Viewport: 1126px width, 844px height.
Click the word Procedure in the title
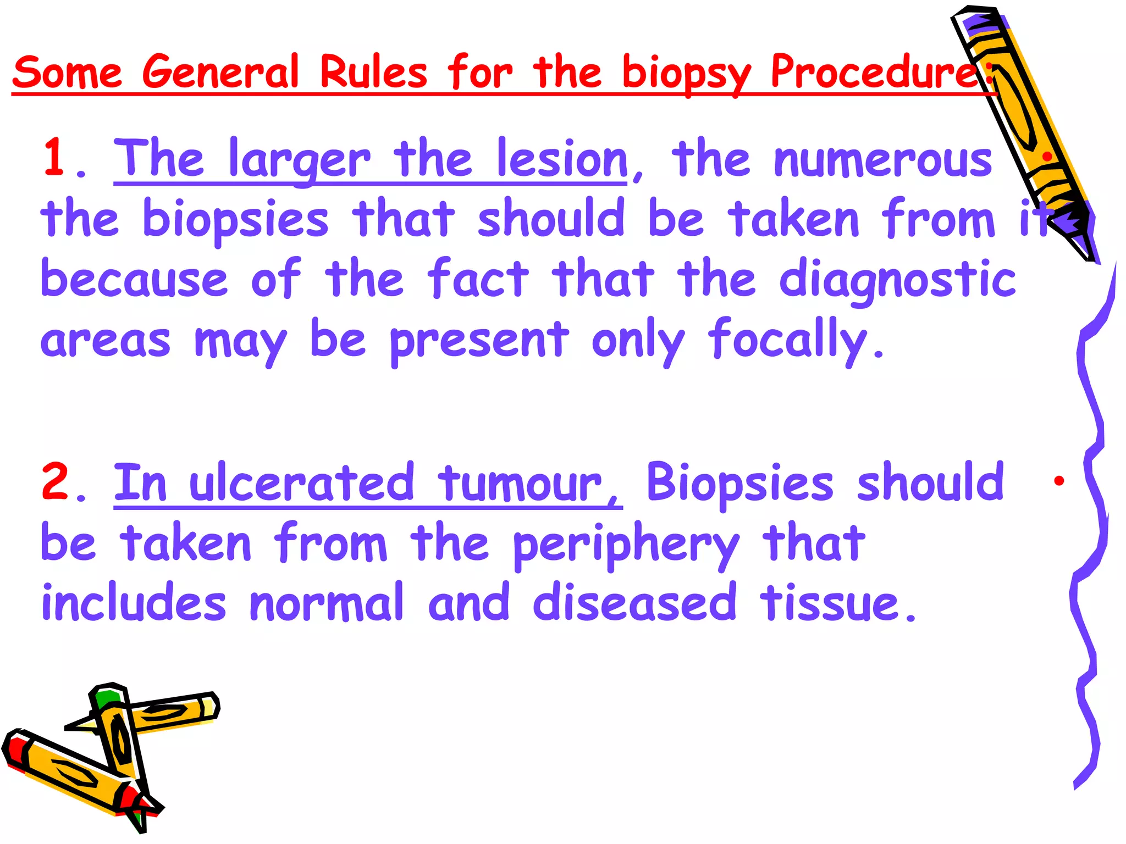point(874,73)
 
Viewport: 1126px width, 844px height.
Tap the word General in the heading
point(220,73)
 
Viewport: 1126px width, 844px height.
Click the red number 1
point(55,158)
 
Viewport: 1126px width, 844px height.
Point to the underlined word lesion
point(562,159)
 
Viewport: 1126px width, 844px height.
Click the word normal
point(327,603)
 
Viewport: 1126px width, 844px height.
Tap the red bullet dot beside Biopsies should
point(1059,481)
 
